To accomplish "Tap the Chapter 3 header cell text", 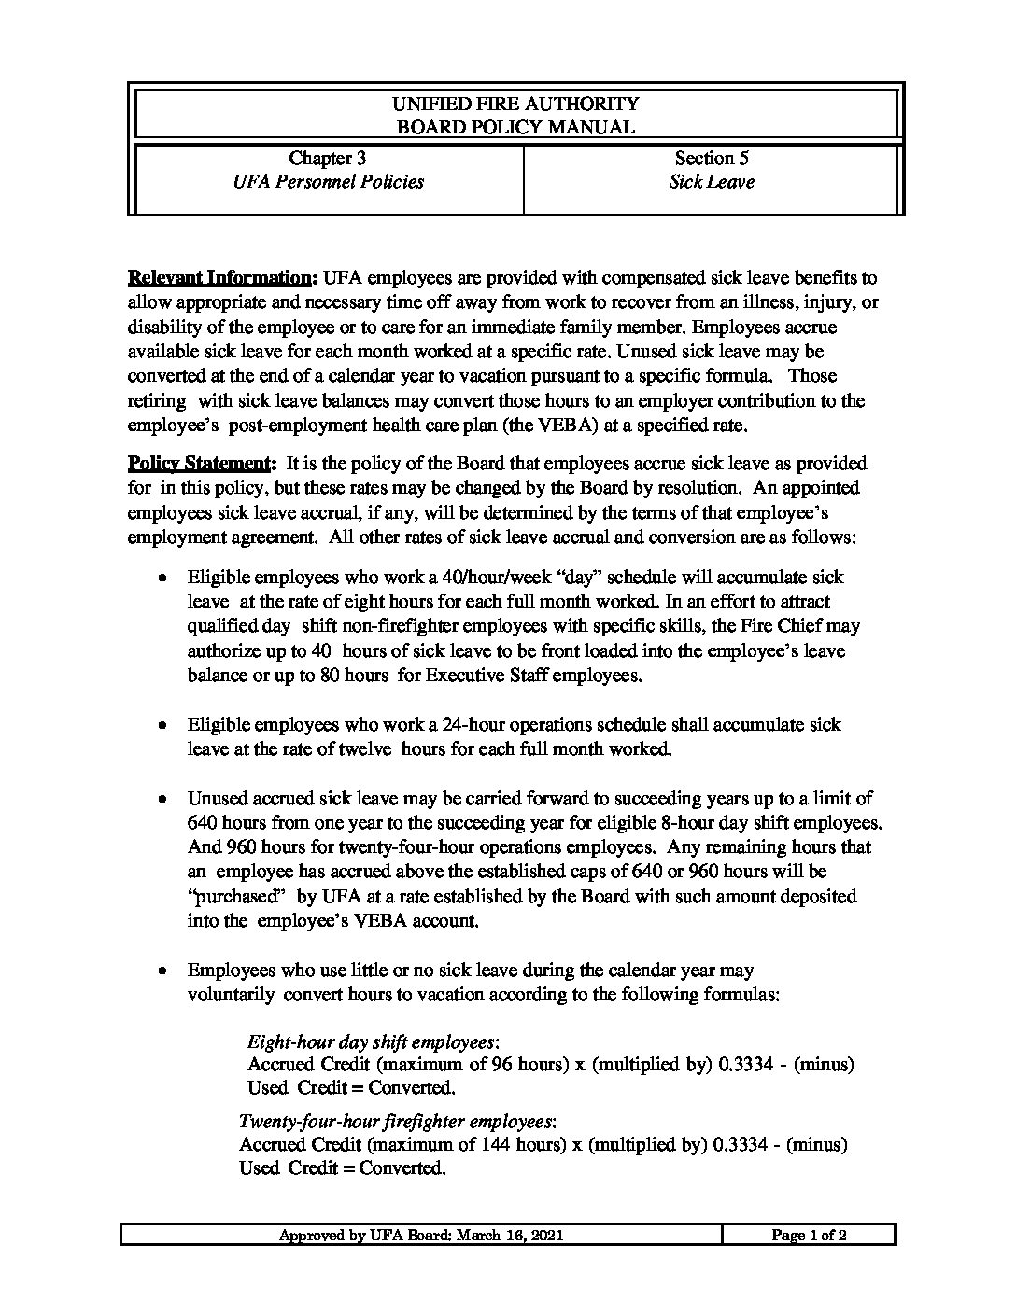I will [327, 158].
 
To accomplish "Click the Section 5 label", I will [712, 158].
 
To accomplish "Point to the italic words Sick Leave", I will [712, 182].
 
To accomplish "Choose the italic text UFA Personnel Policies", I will [328, 182].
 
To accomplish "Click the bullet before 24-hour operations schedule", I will [163, 724].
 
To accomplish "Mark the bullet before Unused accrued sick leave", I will [163, 799].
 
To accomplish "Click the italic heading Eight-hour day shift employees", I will [373, 1041].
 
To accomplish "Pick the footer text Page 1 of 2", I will [809, 1236].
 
